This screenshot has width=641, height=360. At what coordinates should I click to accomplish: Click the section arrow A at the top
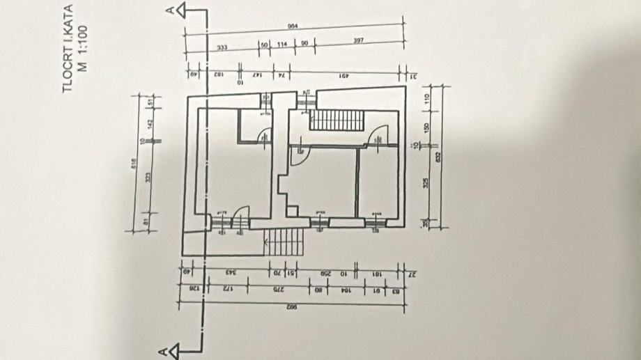[x=180, y=10]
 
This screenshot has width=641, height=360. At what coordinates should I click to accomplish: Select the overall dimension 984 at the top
[x=293, y=26]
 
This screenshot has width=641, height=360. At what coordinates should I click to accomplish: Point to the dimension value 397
[x=358, y=41]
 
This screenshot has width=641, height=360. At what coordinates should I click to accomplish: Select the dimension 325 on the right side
[x=427, y=184]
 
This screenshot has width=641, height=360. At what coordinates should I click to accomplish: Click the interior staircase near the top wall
[x=338, y=119]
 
